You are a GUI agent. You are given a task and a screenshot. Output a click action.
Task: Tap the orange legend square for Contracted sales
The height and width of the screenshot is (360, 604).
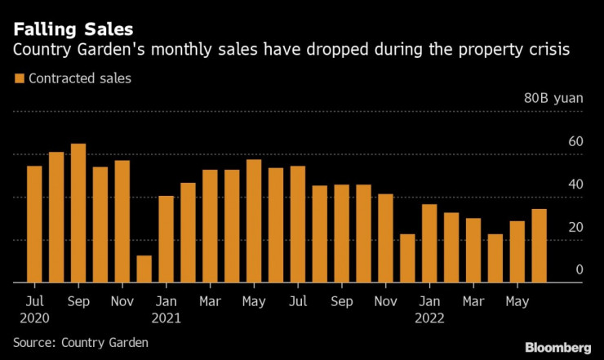(x=20, y=79)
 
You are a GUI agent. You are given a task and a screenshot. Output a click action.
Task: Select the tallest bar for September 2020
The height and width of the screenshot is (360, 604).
(x=78, y=213)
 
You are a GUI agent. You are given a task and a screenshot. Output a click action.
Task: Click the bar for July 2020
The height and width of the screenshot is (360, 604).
(x=34, y=224)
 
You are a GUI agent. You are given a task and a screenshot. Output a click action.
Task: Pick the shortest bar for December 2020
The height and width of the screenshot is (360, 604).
(x=144, y=269)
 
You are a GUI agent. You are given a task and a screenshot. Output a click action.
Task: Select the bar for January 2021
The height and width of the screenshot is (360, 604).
(x=167, y=239)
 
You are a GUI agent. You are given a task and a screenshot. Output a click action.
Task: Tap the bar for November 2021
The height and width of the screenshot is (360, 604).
(x=385, y=238)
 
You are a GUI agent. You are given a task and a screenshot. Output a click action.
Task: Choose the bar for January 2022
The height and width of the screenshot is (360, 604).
(x=429, y=243)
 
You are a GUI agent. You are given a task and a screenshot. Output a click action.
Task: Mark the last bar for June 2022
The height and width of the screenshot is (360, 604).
(x=540, y=246)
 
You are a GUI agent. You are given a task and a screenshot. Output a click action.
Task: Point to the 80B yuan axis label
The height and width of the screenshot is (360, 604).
(x=553, y=98)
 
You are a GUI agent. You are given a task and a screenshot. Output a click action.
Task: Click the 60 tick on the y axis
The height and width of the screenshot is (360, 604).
(x=575, y=142)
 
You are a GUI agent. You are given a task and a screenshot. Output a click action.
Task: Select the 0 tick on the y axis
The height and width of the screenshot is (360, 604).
(x=580, y=269)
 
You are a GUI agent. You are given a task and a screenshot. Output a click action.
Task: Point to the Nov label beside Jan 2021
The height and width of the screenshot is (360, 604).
(x=122, y=301)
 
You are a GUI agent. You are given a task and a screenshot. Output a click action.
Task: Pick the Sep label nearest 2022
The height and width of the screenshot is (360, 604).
(x=341, y=301)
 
